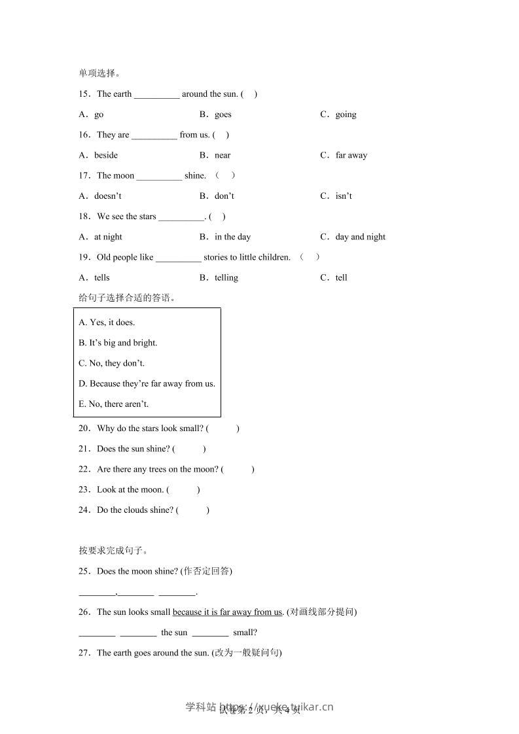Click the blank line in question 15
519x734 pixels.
[156, 95]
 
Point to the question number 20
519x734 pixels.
[84, 428]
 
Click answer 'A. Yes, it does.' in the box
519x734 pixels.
[107, 323]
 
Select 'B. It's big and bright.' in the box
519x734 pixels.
[118, 343]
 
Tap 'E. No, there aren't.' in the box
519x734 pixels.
[114, 404]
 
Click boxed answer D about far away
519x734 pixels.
[147, 384]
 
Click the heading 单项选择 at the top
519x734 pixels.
[99, 73]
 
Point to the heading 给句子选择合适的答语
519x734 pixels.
[127, 298]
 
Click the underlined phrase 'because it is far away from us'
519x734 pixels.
[227, 612]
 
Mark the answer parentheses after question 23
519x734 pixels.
[183, 490]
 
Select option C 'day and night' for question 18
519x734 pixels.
[360, 237]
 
